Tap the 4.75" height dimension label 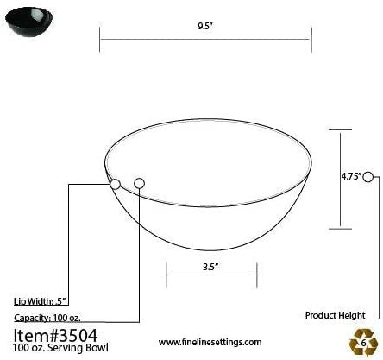tap(350, 175)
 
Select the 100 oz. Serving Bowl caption tap(54, 348)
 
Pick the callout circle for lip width tap(115, 183)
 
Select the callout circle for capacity tap(139, 183)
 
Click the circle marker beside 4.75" tap(369, 176)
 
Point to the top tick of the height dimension tap(340, 129)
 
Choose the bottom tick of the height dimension tap(340, 229)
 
